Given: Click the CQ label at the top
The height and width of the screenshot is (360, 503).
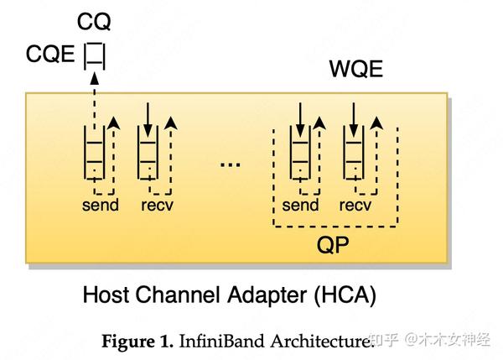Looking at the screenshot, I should click(93, 20).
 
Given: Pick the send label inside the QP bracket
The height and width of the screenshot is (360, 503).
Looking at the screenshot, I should click(300, 206).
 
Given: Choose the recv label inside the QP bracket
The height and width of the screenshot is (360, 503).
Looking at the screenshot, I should click(355, 206).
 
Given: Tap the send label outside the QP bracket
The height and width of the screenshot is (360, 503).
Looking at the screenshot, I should click(100, 206).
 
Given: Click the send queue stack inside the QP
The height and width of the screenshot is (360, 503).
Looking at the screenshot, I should click(299, 156).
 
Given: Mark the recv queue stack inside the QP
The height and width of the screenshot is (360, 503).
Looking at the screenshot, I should click(355, 156).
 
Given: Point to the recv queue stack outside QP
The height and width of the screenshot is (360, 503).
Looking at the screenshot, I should click(148, 156).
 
